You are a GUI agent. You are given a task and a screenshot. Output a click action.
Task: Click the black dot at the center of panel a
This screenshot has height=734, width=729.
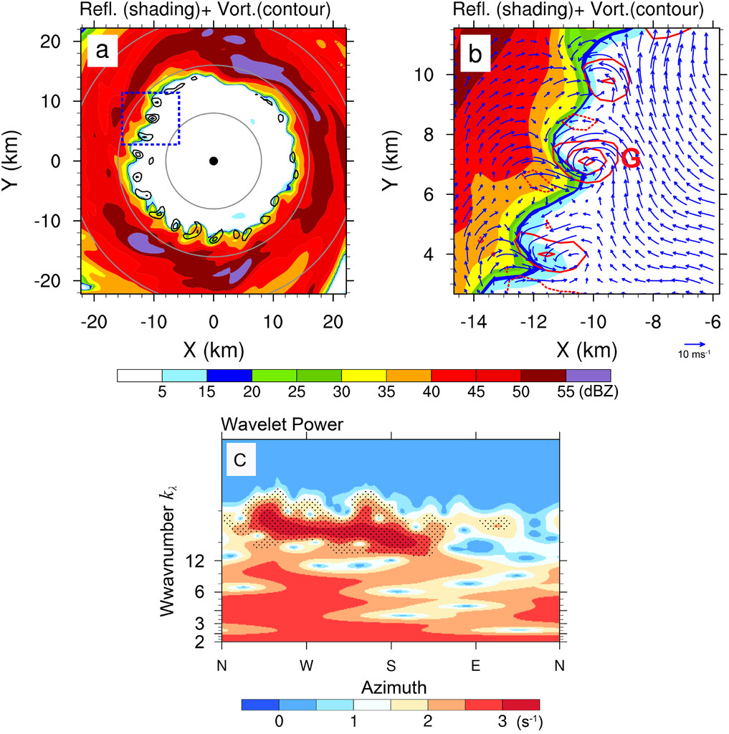click(213, 161)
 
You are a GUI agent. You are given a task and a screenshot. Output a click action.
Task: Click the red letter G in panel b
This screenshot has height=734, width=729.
click(630, 158)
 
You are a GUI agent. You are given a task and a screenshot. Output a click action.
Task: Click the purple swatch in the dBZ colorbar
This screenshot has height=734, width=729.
click(588, 375)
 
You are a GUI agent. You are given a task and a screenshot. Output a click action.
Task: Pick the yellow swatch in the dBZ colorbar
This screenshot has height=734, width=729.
click(363, 375)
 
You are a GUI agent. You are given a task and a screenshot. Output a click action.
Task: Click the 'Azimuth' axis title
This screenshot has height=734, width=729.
click(391, 687)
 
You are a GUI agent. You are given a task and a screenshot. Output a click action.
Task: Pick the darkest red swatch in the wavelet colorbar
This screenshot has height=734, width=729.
click(520, 702)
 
